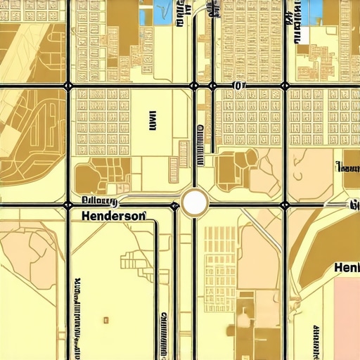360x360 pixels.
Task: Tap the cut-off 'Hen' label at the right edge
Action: pos(346,269)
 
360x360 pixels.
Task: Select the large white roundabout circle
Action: pos(194,203)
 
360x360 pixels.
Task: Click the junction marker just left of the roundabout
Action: pos(174,205)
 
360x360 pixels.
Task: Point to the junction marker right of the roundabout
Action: pos(285,205)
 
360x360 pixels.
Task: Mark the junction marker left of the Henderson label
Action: pos(68,205)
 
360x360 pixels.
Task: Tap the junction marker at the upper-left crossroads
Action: pos(68,86)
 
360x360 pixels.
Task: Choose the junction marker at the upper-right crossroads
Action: pos(285,86)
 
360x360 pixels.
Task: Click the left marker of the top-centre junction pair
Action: pos(194,86)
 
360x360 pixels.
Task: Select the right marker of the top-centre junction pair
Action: pos(212,86)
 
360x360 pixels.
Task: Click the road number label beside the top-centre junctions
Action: pos(239,86)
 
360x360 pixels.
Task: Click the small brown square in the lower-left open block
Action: pos(107,319)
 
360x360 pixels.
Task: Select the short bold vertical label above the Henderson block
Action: pos(153,122)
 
